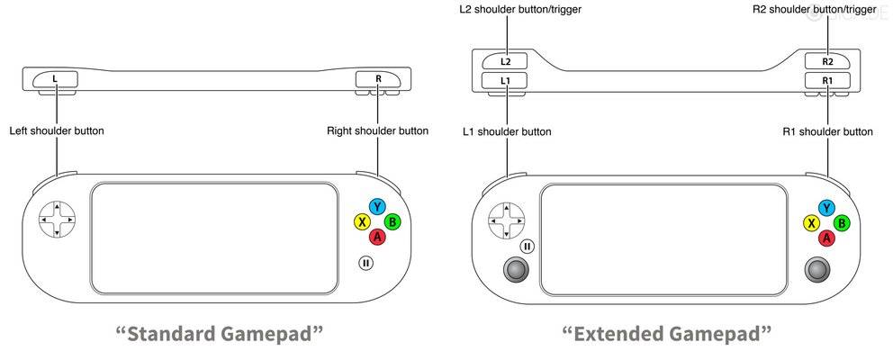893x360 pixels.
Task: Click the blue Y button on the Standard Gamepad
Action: [x=377, y=207]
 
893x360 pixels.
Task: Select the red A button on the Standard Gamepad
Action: [x=377, y=237]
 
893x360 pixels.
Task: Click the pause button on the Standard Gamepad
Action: [x=365, y=263]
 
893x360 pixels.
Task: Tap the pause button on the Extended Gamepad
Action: [x=528, y=246]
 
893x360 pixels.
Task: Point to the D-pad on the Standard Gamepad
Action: [x=57, y=219]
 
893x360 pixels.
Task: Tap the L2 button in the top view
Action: [x=505, y=61]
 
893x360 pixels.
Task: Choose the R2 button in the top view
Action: [x=827, y=61]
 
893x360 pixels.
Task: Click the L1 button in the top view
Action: [x=505, y=80]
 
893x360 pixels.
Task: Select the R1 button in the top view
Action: [x=827, y=80]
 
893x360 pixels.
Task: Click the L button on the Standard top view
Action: [x=56, y=79]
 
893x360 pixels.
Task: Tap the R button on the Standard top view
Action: [x=377, y=79]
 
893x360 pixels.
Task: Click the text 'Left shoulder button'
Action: [x=57, y=131]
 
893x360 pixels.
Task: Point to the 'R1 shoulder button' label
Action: [x=827, y=131]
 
